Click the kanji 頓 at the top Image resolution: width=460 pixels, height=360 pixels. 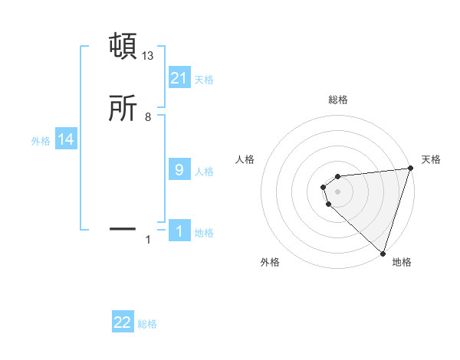click(x=123, y=46)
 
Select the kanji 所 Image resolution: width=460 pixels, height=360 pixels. click(x=123, y=110)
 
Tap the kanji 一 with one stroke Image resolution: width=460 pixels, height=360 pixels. click(x=123, y=228)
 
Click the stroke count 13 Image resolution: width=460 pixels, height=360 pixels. click(x=149, y=56)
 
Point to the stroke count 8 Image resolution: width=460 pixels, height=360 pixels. click(x=148, y=117)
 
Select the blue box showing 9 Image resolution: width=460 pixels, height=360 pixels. click(x=179, y=169)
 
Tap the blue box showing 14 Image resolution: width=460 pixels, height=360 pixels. click(x=66, y=139)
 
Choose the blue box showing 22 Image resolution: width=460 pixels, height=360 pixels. click(x=123, y=322)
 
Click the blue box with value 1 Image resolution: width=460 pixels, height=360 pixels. click(x=179, y=232)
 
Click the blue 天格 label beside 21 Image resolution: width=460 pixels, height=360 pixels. click(x=204, y=79)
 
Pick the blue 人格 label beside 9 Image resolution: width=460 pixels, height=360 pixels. click(x=204, y=171)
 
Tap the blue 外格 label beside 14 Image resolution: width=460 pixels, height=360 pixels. click(x=41, y=141)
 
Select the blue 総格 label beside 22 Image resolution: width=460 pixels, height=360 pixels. click(x=147, y=324)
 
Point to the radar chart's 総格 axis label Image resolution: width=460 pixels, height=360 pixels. click(x=338, y=100)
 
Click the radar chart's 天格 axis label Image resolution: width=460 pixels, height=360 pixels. click(x=431, y=159)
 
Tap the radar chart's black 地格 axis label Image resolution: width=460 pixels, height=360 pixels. click(x=402, y=262)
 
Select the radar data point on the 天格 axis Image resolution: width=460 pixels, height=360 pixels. click(x=410, y=169)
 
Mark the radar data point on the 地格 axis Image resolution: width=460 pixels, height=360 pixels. click(x=382, y=253)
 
